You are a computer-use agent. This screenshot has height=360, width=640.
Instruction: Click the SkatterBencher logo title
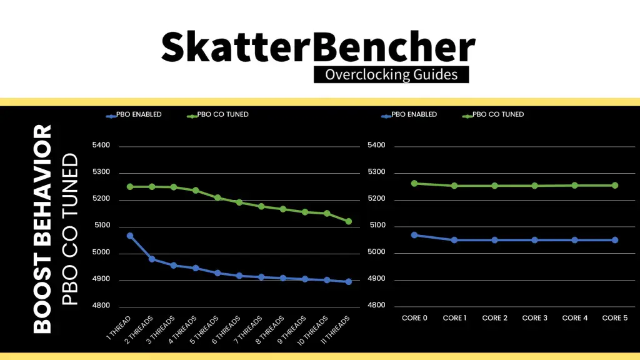point(318,47)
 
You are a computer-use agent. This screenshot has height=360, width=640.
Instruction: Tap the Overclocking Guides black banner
point(391,74)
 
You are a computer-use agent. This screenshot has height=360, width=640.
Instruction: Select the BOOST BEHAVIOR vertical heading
point(42,229)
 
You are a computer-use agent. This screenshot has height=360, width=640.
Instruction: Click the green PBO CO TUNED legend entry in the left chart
point(217,115)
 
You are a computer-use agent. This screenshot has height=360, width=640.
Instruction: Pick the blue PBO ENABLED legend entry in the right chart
point(409,115)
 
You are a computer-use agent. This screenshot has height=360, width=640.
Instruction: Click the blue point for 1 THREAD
point(130,236)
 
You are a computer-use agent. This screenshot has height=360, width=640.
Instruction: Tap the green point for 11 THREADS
point(349,222)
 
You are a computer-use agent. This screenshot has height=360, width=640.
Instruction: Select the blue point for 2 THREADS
point(152,259)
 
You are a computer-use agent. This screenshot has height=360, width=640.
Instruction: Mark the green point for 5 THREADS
point(217,198)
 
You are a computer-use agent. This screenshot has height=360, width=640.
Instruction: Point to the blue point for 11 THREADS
point(349,282)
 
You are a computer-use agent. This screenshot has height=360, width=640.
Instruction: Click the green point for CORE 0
point(414,184)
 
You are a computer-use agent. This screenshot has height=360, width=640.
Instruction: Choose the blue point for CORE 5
point(615,240)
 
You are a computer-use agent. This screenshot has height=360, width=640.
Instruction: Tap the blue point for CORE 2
point(495,240)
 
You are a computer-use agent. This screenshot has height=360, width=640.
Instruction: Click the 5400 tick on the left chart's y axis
point(101,145)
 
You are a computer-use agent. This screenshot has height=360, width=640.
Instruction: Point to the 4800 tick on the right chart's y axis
point(376,305)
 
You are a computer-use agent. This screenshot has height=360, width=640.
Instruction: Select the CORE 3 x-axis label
point(535,318)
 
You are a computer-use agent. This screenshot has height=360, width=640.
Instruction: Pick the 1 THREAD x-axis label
point(119,327)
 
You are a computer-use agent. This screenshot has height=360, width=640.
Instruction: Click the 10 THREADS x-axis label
point(312,331)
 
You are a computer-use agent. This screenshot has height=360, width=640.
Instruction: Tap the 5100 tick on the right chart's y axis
point(377,225)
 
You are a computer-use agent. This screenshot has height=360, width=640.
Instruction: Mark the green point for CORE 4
point(575,185)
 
